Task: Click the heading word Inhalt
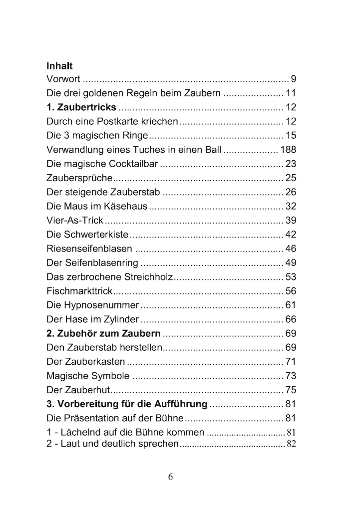pos(59,66)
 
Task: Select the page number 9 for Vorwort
pos(294,79)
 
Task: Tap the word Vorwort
pos(63,79)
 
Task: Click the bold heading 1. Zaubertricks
pos(81,107)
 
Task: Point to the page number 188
pos(288,149)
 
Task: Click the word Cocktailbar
pos(130,163)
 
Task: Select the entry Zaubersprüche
pos(79,178)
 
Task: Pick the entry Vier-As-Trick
pos(74,220)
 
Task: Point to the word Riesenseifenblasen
pos(89,248)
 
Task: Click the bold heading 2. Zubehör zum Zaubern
pos(103,333)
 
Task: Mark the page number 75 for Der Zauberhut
pos(291,390)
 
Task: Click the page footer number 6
pos(170,477)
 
